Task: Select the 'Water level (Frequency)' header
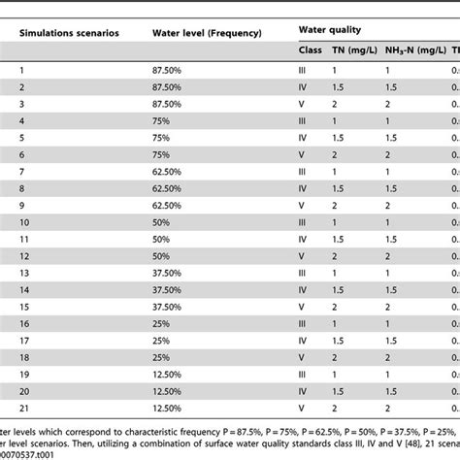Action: coord(207,33)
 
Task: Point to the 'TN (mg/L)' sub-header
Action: coord(346,50)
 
